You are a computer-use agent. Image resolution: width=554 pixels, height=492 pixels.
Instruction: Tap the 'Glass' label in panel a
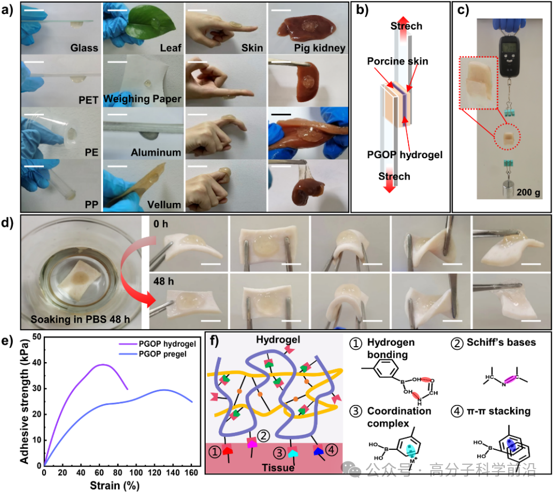click(x=84, y=48)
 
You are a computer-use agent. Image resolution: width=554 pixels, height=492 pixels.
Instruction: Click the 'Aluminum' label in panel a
click(x=156, y=153)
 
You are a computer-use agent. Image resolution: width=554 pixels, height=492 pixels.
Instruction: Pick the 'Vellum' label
click(x=164, y=205)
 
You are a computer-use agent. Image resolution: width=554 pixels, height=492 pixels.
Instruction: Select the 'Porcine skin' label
click(x=397, y=61)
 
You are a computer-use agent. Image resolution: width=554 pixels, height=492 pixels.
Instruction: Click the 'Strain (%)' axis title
click(x=118, y=485)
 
